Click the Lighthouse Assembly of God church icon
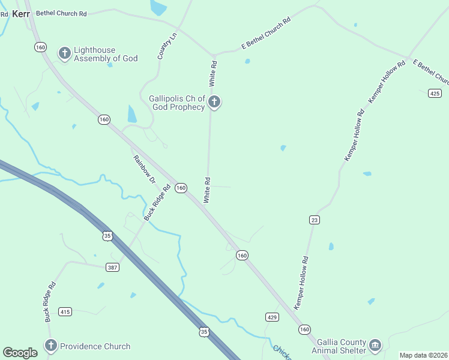click(64, 53)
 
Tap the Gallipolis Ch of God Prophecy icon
click(214, 103)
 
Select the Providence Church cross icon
click(50, 346)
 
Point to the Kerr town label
click(20, 13)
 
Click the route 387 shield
click(112, 266)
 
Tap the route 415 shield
click(65, 311)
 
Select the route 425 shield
click(435, 93)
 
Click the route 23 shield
click(314, 220)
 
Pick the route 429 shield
click(272, 316)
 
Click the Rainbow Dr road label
click(144, 170)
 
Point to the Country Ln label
click(168, 46)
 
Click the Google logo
click(20, 353)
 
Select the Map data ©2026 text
click(423, 355)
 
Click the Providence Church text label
click(95, 346)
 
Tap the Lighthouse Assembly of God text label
click(106, 54)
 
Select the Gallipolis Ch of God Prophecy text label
click(177, 103)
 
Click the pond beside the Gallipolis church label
click(132, 114)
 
